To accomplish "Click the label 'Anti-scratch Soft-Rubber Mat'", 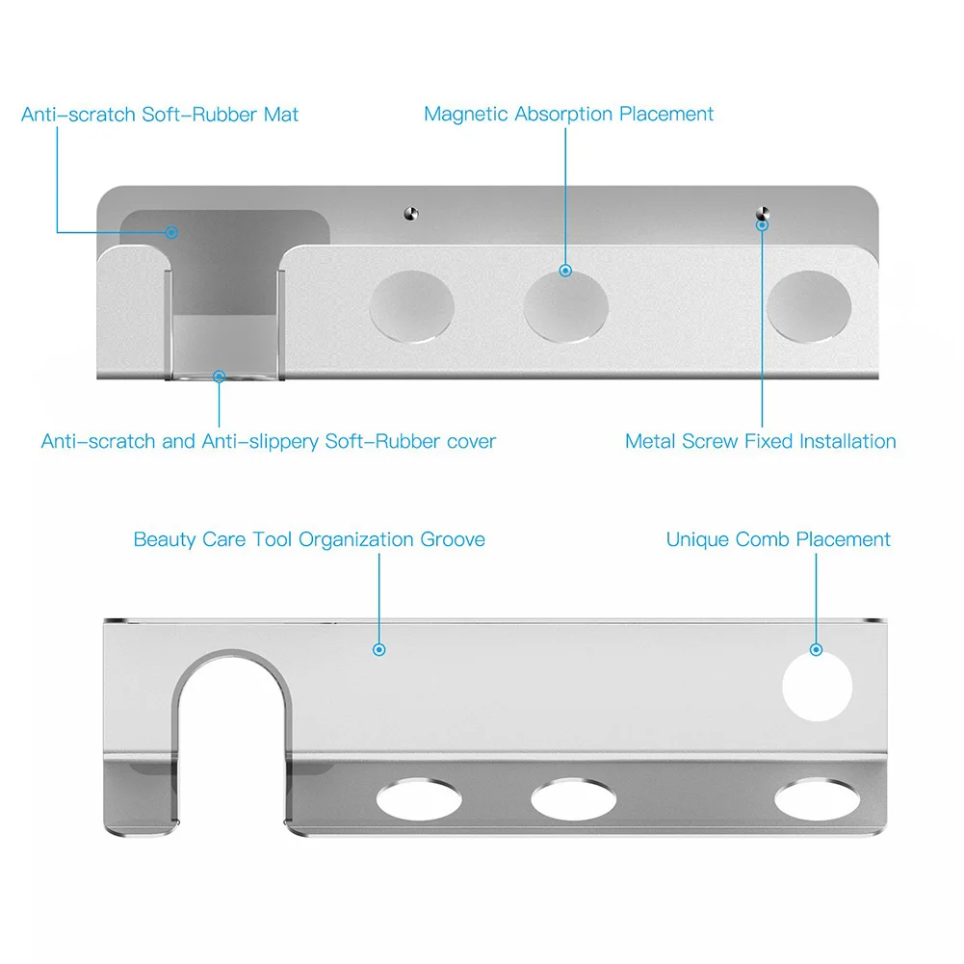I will pyautogui.click(x=160, y=115).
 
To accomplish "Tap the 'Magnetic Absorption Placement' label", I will pyautogui.click(x=568, y=115).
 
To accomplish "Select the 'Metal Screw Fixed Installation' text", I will pyautogui.click(x=760, y=442).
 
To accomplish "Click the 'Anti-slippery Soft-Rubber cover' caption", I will pyautogui.click(x=268, y=442).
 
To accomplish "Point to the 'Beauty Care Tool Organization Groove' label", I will pyautogui.click(x=309, y=539).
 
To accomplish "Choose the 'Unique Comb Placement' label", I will pyautogui.click(x=778, y=539).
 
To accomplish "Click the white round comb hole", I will pyautogui.click(x=817, y=686).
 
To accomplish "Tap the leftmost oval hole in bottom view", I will pyautogui.click(x=418, y=799).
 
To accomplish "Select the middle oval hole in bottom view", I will pyautogui.click(x=573, y=799).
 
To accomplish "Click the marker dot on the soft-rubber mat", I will pyautogui.click(x=171, y=232).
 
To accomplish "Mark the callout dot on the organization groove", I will pyautogui.click(x=379, y=650).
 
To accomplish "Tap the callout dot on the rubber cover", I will pyautogui.click(x=219, y=377).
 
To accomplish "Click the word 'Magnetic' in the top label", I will pyautogui.click(x=466, y=115).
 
